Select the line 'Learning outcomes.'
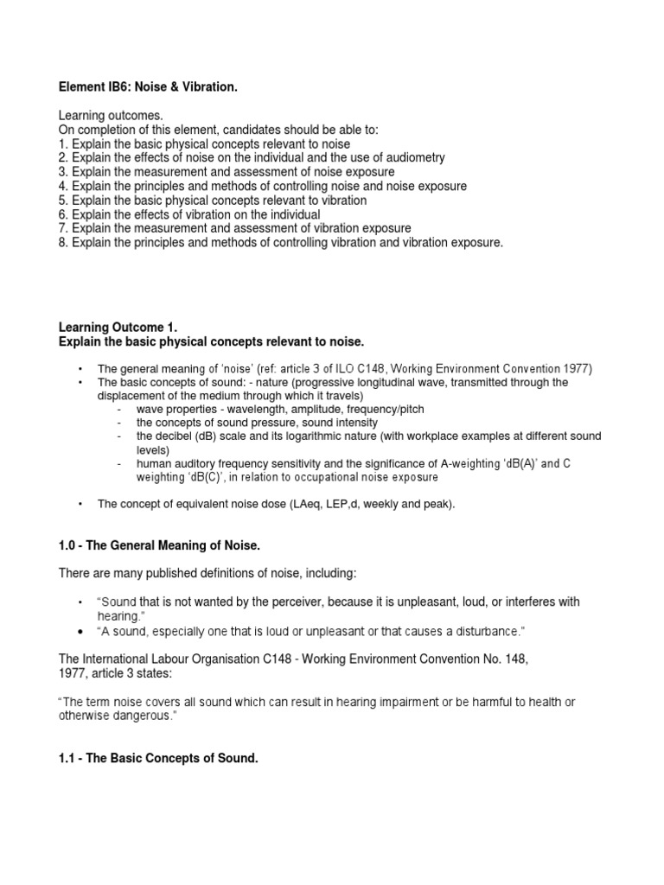point(110,116)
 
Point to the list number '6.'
point(63,214)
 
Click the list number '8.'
point(63,243)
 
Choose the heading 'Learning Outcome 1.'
point(118,328)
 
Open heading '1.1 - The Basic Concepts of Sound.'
point(158,758)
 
